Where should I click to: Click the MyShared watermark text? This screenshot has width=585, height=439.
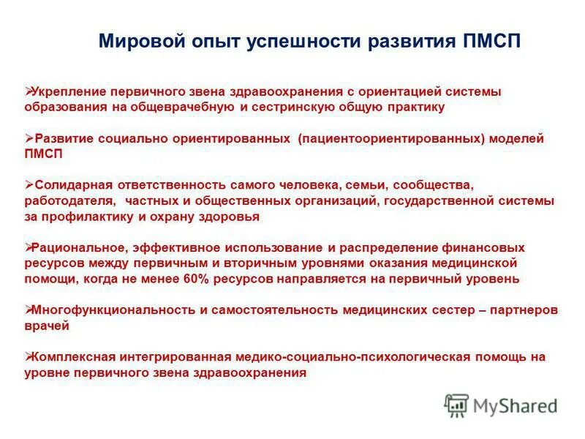click(x=515, y=405)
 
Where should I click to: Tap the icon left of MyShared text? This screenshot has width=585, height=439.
click(x=456, y=405)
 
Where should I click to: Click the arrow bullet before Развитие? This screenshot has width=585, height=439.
click(x=29, y=138)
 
